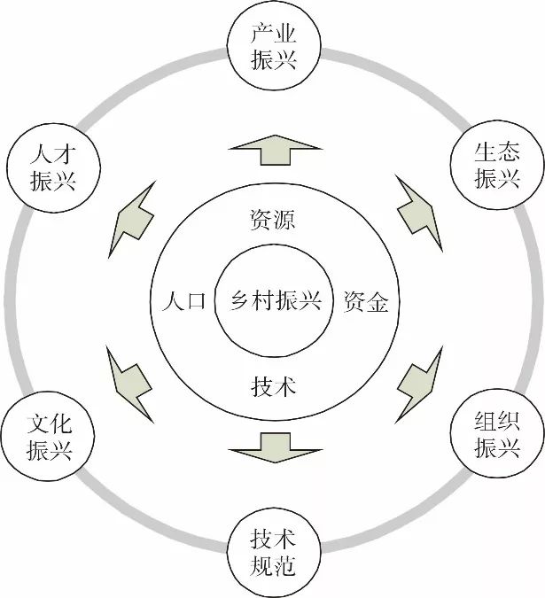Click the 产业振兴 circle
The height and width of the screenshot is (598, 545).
[x=273, y=50]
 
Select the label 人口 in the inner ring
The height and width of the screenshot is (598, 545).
[x=183, y=301]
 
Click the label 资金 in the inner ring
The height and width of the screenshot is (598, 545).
[x=365, y=302]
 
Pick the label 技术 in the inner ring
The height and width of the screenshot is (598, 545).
[x=273, y=385]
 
